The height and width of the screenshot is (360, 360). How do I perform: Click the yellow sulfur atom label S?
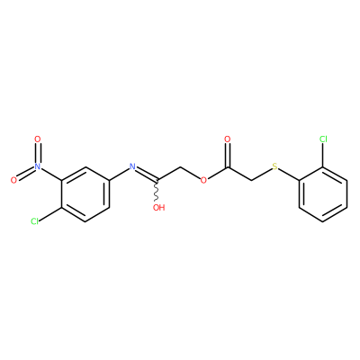coord(274,166)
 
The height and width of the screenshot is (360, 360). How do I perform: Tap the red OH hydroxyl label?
coord(159,207)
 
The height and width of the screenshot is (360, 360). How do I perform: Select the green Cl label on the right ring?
coord(323,139)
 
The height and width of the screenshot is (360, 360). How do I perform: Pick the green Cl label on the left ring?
coord(35,221)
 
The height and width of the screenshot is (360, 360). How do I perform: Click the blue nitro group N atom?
coord(37,166)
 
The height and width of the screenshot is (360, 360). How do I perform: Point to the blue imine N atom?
coord(131,166)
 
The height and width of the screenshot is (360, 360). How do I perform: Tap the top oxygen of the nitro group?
coord(37,139)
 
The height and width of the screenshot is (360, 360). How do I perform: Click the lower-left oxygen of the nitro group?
coord(13,180)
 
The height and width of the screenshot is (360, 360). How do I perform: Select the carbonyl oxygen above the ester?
coord(228,139)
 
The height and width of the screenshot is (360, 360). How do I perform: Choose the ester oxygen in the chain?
coord(203,180)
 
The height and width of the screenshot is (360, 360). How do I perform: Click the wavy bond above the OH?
coord(157,191)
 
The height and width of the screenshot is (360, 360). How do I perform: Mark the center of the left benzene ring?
coord(85,193)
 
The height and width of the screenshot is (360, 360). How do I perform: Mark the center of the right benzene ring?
coord(323,193)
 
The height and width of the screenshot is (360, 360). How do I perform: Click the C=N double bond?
coord(146,174)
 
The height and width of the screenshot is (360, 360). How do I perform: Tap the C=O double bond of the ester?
coord(228,156)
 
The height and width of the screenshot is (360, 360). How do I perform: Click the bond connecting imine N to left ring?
coord(119,174)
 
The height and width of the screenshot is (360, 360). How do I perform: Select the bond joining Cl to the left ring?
coord(50,214)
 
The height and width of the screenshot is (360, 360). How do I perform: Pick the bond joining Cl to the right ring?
coord(323,155)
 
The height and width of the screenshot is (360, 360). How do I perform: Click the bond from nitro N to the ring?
coord(51,174)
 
